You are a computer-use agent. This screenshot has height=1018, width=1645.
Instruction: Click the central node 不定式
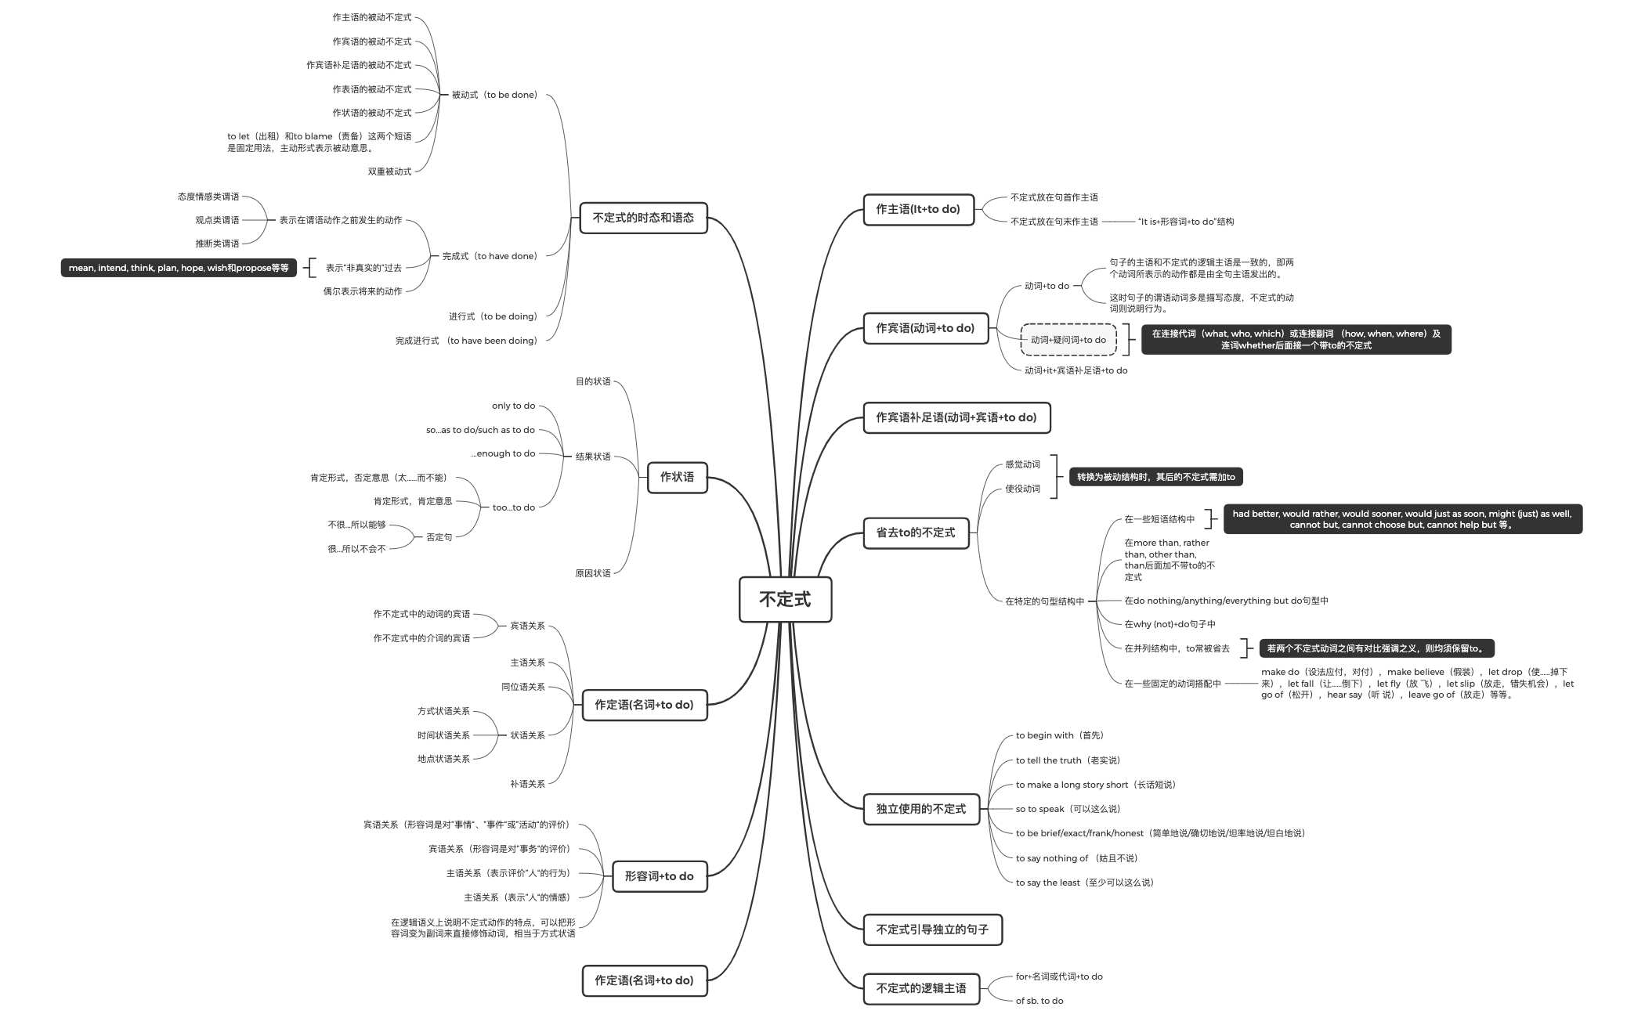point(785,600)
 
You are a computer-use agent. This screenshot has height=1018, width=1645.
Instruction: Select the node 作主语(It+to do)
point(918,210)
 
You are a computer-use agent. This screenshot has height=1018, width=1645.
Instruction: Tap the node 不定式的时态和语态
point(643,218)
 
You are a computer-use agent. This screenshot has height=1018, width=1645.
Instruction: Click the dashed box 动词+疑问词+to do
point(1068,340)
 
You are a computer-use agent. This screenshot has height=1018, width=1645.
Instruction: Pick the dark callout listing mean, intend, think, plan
point(179,268)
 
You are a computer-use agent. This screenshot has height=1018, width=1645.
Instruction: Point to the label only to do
point(513,406)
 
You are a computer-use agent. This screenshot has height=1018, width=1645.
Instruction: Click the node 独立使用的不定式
point(920,809)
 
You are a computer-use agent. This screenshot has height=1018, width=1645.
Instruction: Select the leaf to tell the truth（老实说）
point(1068,760)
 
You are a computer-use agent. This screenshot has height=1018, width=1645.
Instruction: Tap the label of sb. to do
point(1039,1001)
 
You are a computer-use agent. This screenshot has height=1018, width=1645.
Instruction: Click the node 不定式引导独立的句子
point(932,930)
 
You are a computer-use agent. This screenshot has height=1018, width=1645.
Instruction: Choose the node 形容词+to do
point(659,876)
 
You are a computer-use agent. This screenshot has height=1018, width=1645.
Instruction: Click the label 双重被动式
point(389,171)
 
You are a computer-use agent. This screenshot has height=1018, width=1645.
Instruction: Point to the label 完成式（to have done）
point(490,256)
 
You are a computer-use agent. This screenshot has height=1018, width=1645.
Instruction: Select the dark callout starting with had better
point(1402,519)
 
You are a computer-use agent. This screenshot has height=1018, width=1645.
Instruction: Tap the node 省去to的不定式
point(916,532)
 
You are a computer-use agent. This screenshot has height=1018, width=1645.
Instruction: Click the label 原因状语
point(592,573)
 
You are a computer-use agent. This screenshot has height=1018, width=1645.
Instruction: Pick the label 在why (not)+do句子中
point(1170,624)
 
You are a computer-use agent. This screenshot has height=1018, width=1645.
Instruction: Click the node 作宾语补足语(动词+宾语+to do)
point(956,417)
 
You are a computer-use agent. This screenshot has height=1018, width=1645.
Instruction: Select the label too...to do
point(513,507)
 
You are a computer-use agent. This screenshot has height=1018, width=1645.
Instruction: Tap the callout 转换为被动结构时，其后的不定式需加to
point(1155,477)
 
